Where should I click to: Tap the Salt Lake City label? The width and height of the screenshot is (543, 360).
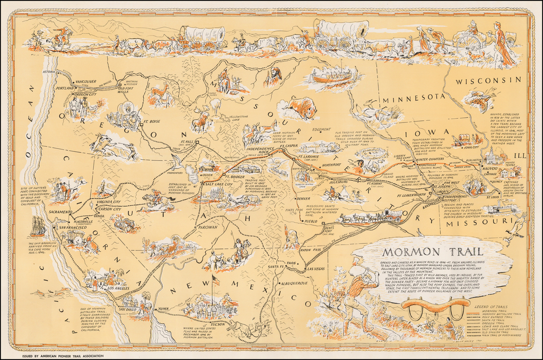click(x=217, y=184)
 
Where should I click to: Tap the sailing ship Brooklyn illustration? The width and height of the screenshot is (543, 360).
click(x=38, y=226)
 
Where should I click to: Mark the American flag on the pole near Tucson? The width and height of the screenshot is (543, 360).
click(x=215, y=280)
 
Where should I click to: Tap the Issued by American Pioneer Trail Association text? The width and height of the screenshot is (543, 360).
click(x=59, y=355)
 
